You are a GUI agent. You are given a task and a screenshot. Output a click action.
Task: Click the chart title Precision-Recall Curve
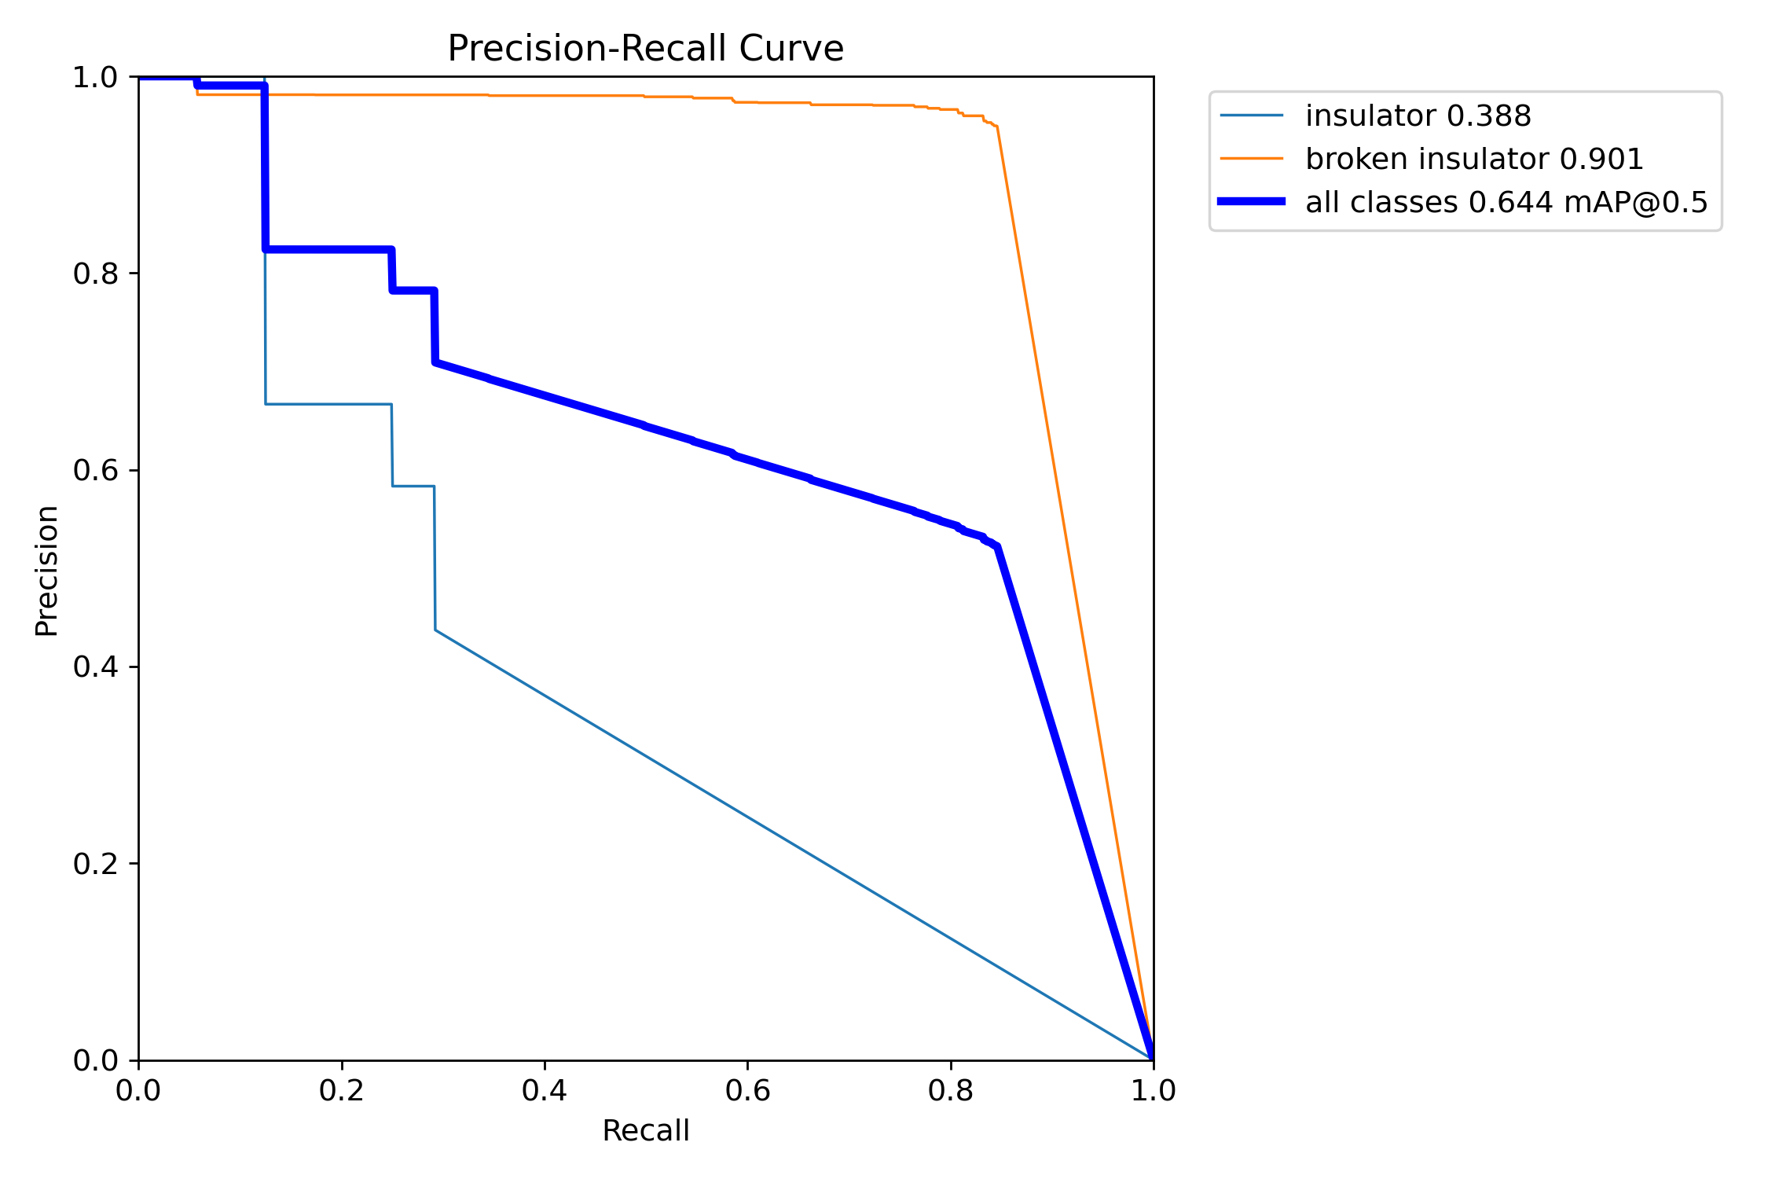pos(645,49)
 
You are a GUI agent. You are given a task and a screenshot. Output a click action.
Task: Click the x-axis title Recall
pos(645,1131)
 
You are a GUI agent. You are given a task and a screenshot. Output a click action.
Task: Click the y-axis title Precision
pos(47,571)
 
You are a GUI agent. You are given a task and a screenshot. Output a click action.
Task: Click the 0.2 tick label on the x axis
pos(341,1091)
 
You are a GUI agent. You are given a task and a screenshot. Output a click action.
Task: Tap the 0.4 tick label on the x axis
pos(544,1091)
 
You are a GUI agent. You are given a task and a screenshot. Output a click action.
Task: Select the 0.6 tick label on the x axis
pos(747,1091)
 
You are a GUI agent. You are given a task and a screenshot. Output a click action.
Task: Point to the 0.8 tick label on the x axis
pos(950,1091)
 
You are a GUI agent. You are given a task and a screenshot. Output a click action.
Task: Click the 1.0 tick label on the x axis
pos(1153,1091)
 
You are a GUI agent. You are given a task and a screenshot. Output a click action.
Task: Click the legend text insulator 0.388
pos(1418,116)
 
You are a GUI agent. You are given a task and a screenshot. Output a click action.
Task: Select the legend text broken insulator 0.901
pos(1474,160)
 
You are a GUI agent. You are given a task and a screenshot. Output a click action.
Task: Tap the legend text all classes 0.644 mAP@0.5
pos(1506,203)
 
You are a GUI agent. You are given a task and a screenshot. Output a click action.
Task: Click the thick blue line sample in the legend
pos(1251,202)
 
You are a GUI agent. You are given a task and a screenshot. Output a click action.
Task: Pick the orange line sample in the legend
pos(1251,159)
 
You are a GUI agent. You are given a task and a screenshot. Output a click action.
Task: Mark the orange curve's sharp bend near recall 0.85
pos(997,127)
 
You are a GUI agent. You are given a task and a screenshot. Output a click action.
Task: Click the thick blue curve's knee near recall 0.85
pos(997,546)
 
